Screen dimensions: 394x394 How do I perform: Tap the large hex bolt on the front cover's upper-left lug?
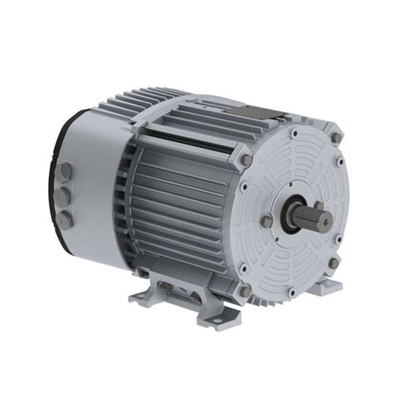point(247,159)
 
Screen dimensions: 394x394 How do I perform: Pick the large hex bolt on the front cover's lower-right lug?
point(334,263)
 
